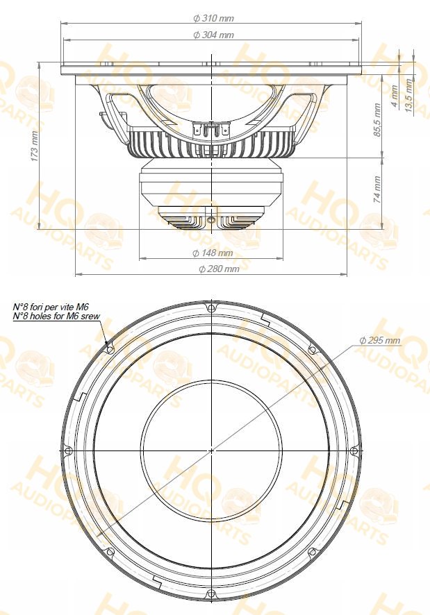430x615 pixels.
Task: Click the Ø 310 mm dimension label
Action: [214, 18]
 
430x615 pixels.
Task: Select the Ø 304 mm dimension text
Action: [214, 35]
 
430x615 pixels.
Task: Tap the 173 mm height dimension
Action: [35, 149]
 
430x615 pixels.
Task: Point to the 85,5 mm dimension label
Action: [377, 120]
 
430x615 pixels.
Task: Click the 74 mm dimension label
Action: [377, 189]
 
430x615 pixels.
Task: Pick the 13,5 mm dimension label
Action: [409, 96]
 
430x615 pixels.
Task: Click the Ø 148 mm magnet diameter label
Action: [213, 253]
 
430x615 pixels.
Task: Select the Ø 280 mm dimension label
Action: [219, 269]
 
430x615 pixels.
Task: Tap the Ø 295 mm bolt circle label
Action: [380, 340]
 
